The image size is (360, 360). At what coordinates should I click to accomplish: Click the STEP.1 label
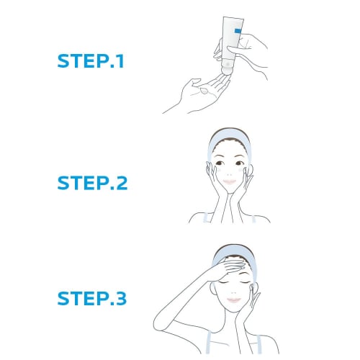(x=91, y=60)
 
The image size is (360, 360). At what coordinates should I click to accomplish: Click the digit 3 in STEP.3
(x=120, y=296)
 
